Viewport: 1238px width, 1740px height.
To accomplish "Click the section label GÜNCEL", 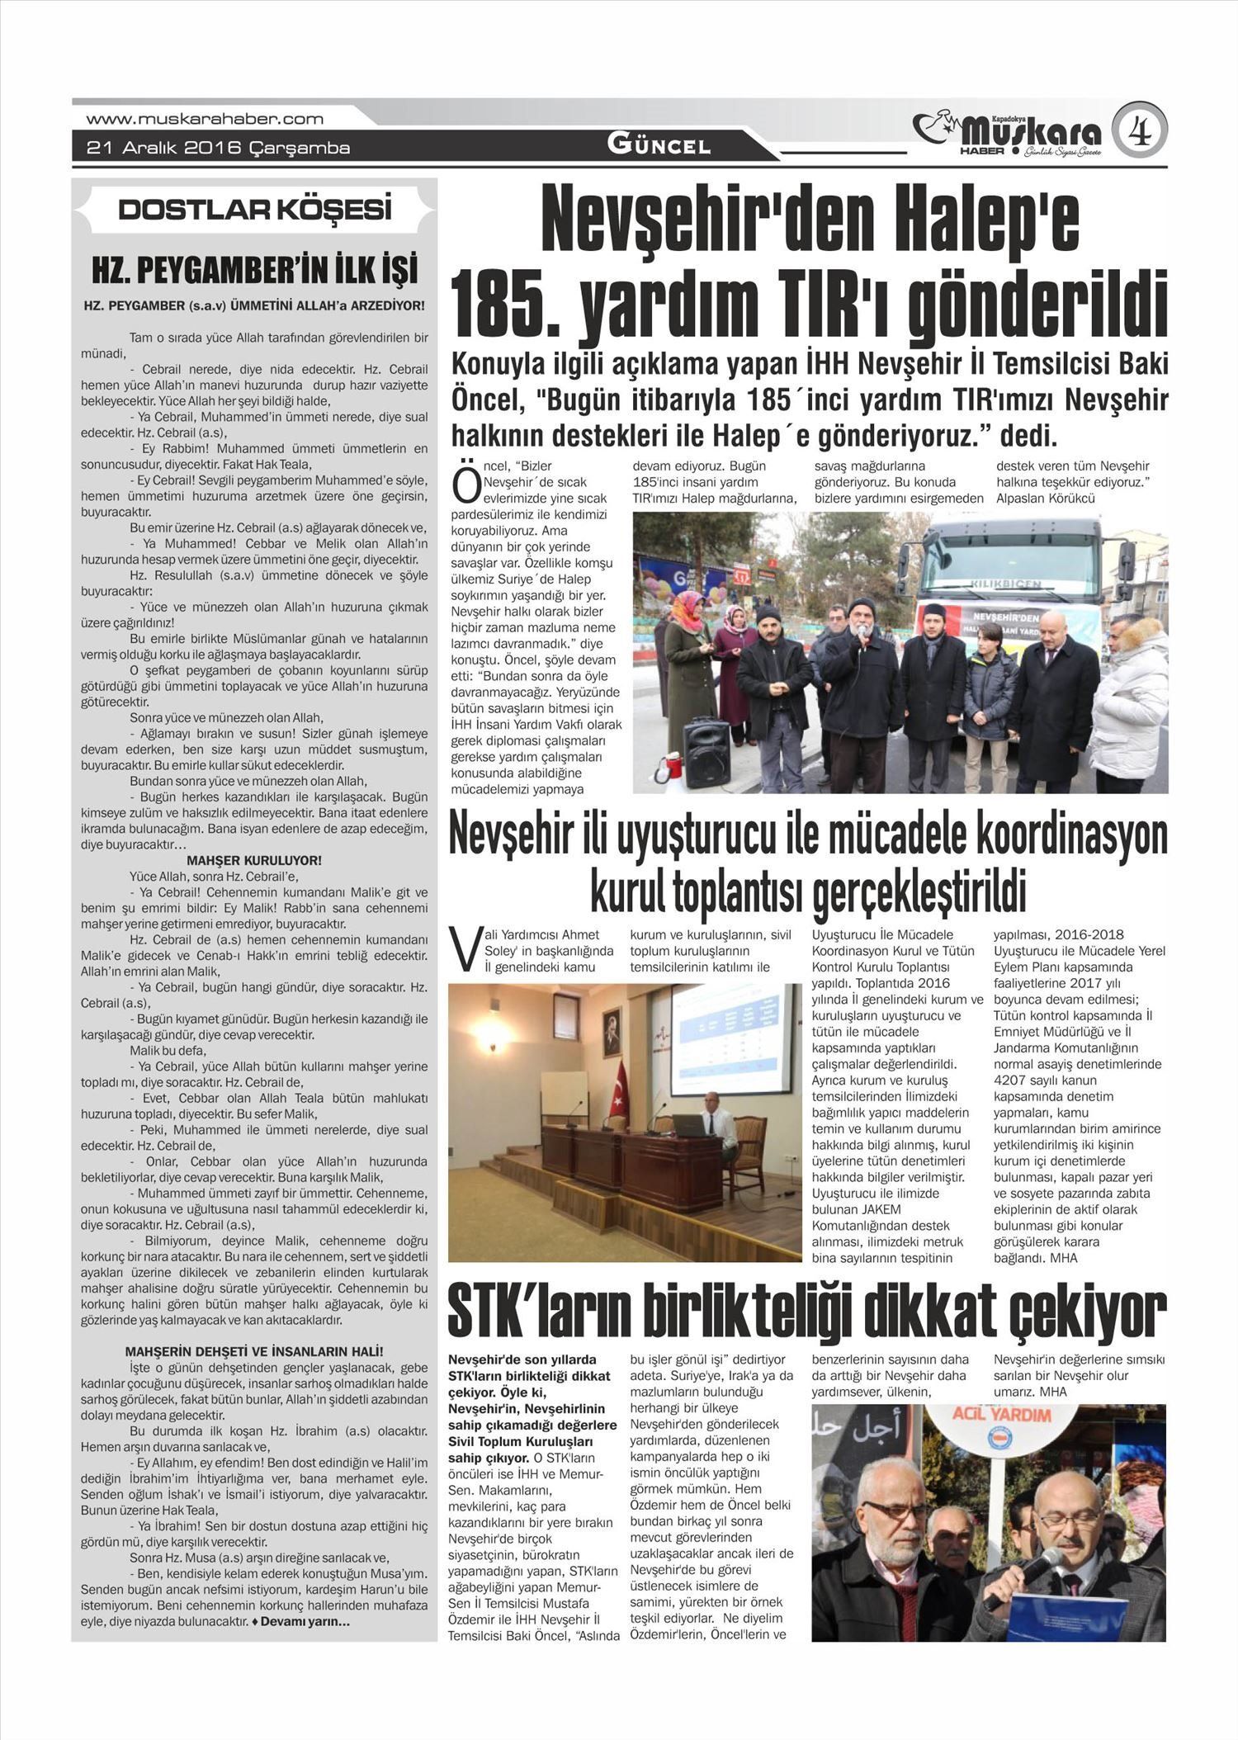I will [x=659, y=146].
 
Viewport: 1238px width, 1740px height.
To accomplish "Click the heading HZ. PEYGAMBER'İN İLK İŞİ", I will [x=254, y=271].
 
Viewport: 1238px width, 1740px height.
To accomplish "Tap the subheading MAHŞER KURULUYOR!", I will [x=254, y=860].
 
